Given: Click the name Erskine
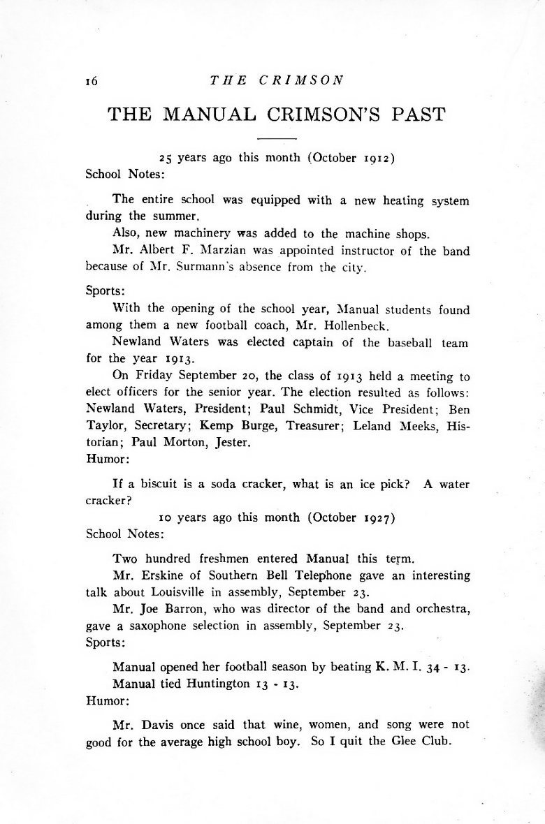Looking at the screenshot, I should point(161,575).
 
